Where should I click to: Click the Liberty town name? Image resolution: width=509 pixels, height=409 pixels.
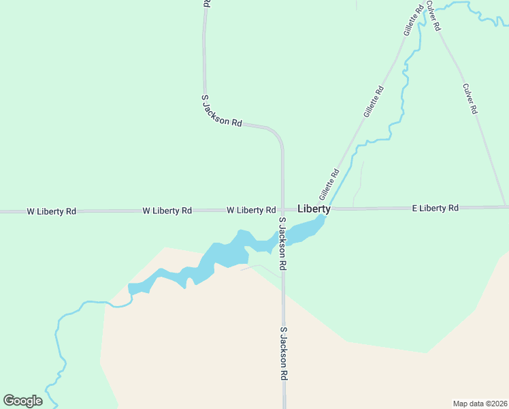tap(314, 209)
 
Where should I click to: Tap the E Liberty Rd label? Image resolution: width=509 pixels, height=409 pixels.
tap(436, 207)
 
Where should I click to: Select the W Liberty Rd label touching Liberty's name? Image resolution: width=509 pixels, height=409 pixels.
tap(251, 210)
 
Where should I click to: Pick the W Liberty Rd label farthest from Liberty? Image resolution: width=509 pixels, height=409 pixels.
tap(52, 211)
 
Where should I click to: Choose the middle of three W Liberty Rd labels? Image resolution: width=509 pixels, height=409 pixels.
tap(167, 211)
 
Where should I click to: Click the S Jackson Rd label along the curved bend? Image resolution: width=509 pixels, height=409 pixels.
tap(222, 110)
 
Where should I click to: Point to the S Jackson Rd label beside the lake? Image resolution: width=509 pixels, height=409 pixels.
tap(282, 243)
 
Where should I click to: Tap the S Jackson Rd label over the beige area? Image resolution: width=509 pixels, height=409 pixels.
tap(284, 352)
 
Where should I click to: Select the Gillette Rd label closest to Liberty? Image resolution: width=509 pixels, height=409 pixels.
tap(329, 184)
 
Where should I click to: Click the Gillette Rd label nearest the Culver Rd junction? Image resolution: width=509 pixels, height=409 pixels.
tap(413, 21)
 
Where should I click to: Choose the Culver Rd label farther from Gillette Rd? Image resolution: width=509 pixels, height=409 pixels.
tap(470, 99)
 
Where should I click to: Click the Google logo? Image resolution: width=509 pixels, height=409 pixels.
tap(22, 400)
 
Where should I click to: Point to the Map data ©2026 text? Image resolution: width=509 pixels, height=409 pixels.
tap(480, 403)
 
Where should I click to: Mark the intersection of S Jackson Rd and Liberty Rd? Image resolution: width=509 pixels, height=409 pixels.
tap(283, 211)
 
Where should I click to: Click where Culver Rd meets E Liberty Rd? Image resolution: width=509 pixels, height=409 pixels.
tap(506, 207)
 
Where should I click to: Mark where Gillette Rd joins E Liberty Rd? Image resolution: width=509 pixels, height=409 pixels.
tap(331, 209)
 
